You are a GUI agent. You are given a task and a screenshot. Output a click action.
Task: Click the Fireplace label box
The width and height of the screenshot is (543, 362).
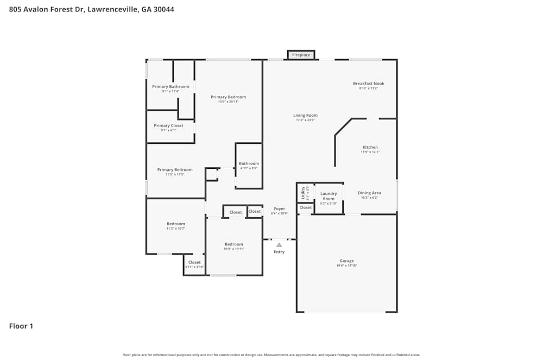click(x=301, y=55)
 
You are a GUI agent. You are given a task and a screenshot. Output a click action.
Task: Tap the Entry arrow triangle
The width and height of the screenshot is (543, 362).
click(x=279, y=245)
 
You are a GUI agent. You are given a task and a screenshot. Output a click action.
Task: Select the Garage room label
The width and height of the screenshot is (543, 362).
click(x=347, y=261)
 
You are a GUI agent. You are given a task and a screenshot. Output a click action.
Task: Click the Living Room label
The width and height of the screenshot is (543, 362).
click(x=305, y=115)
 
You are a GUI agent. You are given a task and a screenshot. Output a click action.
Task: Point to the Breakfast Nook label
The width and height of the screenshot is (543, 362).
click(x=368, y=84)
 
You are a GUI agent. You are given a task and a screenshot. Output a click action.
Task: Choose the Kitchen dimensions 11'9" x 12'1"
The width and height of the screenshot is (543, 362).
click(x=370, y=153)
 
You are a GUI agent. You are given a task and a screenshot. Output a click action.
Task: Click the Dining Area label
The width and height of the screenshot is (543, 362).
click(x=369, y=193)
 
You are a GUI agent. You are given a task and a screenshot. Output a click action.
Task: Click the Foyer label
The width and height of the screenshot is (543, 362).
click(x=279, y=208)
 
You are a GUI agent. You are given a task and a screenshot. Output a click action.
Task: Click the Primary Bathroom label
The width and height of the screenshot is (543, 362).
click(x=171, y=87)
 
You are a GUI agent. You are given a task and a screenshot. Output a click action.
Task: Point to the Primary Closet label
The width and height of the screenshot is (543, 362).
click(x=168, y=125)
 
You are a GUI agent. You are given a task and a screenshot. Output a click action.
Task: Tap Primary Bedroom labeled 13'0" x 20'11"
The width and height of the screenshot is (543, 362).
click(x=228, y=97)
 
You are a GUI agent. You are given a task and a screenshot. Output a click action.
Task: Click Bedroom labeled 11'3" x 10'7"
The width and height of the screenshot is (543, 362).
click(x=176, y=224)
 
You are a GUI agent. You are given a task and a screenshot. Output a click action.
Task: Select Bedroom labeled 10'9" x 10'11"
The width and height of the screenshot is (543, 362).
click(x=233, y=244)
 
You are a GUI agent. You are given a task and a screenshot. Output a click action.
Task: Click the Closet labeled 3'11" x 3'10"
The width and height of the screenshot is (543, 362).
click(x=194, y=262)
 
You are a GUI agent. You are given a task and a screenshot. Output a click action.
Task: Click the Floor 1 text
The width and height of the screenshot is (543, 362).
click(x=21, y=326)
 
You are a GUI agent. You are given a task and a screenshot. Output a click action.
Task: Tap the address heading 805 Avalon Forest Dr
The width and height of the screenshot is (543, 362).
click(x=91, y=9)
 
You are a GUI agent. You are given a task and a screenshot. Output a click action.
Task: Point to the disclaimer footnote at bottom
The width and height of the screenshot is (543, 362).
click(x=271, y=355)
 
